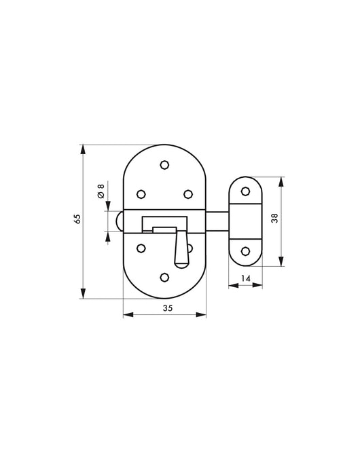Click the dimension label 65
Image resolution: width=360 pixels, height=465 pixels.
coord(77,219)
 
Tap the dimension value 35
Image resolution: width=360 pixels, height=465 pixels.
coord(167,308)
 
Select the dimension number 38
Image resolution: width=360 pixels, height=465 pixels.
coord(275,218)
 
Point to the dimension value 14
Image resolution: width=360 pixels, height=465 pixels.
coord(245,278)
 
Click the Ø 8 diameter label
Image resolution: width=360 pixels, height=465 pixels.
coord(101,191)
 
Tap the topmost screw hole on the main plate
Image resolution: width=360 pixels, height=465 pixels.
coord(164,164)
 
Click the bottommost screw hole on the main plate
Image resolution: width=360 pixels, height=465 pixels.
coord(164,277)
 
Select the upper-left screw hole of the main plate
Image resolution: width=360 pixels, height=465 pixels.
coord(141,194)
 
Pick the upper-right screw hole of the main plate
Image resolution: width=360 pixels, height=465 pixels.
coord(188,194)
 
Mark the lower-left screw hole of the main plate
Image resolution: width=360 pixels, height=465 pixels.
coord(141,248)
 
